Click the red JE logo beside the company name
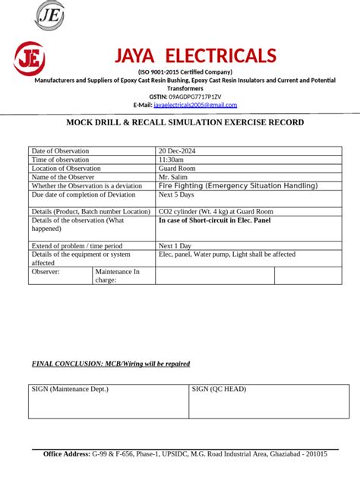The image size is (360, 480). click(29, 58)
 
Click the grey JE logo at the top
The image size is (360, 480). click(49, 15)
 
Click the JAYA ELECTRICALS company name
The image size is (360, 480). click(194, 55)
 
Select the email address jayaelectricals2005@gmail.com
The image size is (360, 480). click(195, 105)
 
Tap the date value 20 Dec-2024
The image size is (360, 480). click(177, 151)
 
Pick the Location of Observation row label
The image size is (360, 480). click(66, 169)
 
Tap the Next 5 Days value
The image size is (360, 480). click(177, 194)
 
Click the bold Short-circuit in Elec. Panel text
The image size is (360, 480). click(214, 220)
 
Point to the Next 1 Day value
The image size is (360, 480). click(175, 246)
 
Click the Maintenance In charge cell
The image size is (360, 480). click(117, 276)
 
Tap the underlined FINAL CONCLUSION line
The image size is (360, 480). click(111, 364)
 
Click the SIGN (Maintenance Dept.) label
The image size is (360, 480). click(70, 389)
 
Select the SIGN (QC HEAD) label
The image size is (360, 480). click(219, 389)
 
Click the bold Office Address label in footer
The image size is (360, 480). click(67, 453)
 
